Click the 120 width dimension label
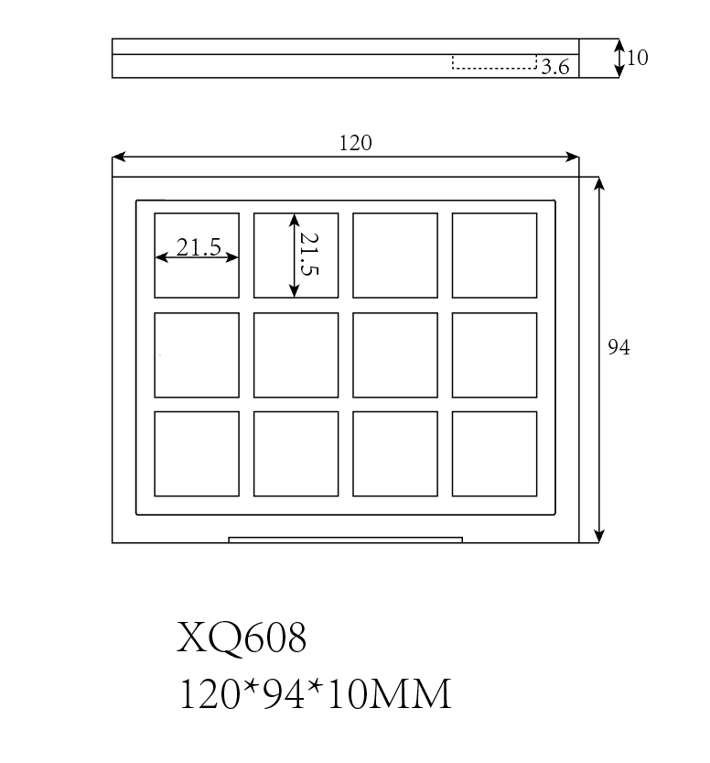pos(355,143)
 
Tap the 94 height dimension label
pos(619,348)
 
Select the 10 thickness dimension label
pos(638,58)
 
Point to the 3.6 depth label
pos(555,66)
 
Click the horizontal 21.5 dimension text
pos(199,247)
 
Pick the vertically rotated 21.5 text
pos(308,255)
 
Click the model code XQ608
pos(242,638)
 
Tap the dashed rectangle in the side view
pos(494,61)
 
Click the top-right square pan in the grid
pos(494,256)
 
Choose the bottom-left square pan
pos(197,453)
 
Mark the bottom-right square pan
pos(494,453)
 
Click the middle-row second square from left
pos(296,355)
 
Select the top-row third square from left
pos(395,256)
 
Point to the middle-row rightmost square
pos(494,355)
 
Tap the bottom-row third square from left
pos(395,453)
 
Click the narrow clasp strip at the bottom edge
pos(345,540)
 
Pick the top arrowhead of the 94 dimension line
pos(599,183)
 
